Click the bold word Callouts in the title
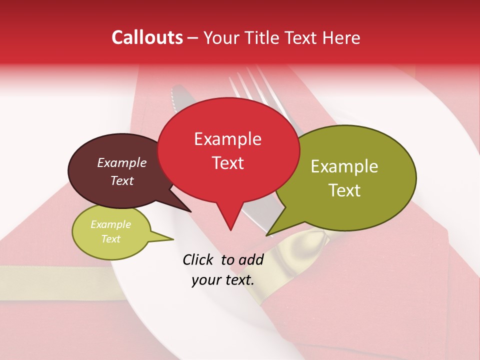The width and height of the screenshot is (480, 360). pos(147,37)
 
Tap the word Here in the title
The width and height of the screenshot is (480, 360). pos(341,37)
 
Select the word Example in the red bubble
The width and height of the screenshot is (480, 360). pos(227,139)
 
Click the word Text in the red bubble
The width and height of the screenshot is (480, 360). pos(227,163)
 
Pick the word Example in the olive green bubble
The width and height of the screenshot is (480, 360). pos(344,166)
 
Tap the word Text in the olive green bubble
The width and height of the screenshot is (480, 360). pos(344,190)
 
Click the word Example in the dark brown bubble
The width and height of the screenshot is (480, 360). pos(121,163)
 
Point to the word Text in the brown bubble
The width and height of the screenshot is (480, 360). pos(121,180)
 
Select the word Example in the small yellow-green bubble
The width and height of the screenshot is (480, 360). pos(110,224)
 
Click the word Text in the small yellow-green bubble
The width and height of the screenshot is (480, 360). pos(110,239)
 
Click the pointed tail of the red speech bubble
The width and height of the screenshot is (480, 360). pos(230,225)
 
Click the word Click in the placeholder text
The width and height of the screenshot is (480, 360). pos(198,259)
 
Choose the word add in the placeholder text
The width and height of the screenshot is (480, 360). pos(251,259)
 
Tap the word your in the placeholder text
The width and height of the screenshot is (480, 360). pos(205,280)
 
